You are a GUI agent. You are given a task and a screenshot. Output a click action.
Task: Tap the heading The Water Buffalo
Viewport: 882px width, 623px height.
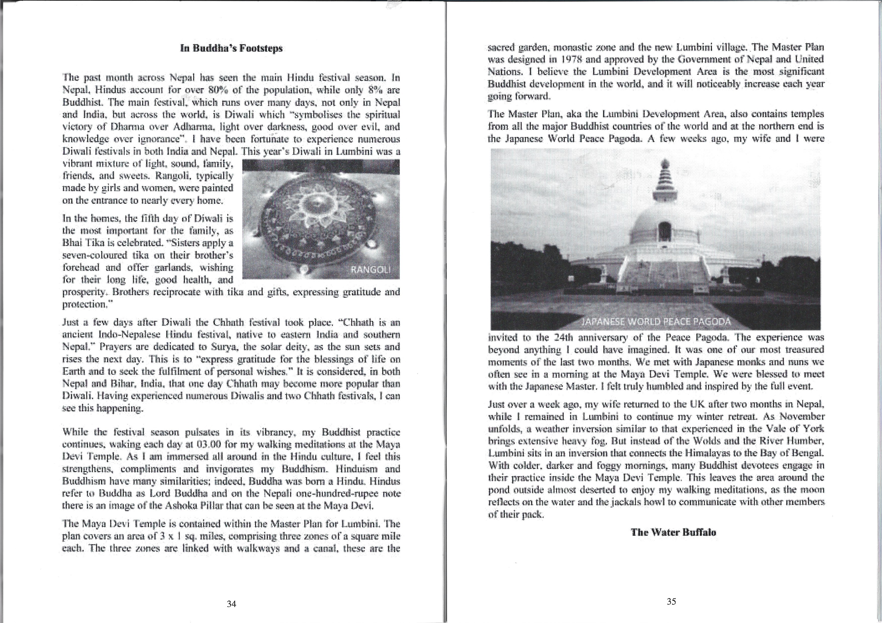(x=673, y=532)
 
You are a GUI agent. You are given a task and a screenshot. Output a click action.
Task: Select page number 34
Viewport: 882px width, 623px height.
(x=231, y=604)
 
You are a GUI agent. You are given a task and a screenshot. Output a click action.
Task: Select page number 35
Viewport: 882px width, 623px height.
(x=671, y=602)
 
